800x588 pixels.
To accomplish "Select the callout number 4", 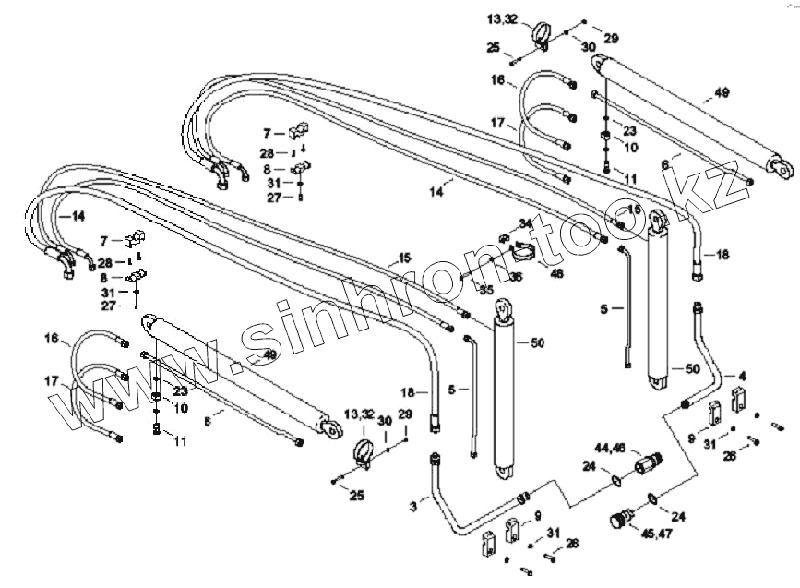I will point(741,376).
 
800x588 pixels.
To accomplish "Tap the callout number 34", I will point(526,223).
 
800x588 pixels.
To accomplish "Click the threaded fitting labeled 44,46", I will point(651,458).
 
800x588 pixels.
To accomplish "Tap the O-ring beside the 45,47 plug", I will point(651,499).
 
